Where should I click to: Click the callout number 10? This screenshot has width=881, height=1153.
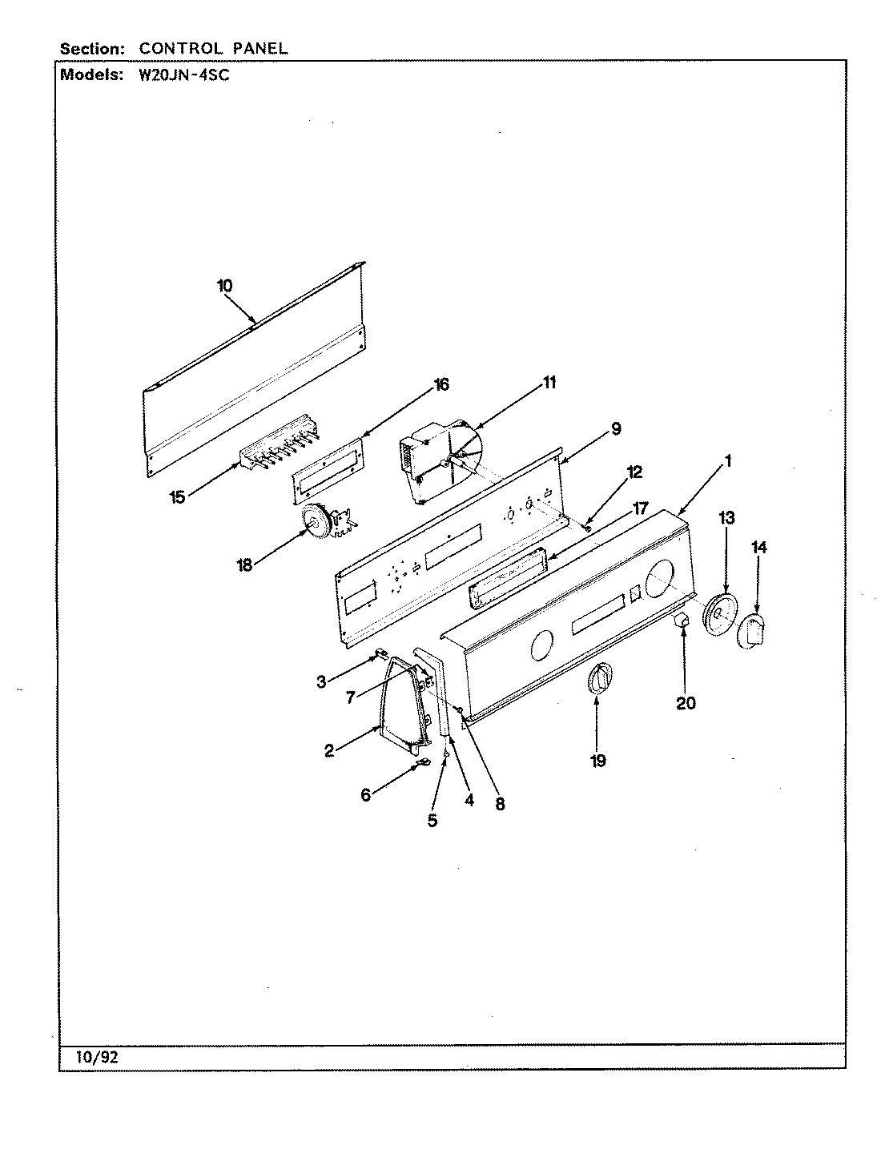pos(224,285)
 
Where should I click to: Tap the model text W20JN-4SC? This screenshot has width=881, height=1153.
pos(175,76)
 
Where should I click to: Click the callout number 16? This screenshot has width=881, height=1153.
pos(440,385)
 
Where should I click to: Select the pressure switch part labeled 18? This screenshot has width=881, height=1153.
pos(324,526)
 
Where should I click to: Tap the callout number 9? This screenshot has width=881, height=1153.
pos(615,428)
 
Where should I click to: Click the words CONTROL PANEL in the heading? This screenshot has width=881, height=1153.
pos(213,48)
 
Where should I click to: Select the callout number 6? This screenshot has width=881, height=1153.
pos(366,795)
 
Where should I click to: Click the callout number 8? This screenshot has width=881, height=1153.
pos(500,805)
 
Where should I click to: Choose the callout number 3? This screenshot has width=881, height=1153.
pos(321,682)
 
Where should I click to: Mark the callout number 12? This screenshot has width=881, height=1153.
pos(634,472)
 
